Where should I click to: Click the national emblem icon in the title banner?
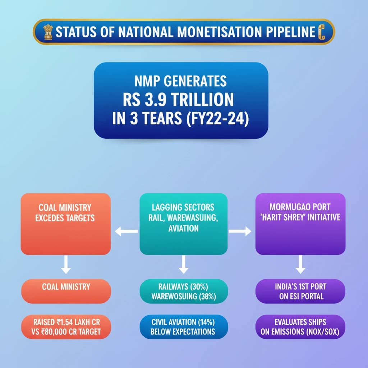click(48, 32)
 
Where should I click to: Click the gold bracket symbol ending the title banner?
click(322, 32)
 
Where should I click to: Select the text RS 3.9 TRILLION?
click(178, 100)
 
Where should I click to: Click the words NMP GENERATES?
click(180, 81)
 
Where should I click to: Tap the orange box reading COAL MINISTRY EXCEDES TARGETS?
click(66, 224)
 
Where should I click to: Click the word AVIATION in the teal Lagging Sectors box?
click(184, 228)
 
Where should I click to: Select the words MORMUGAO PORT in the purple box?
click(300, 207)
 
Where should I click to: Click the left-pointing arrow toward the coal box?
click(126, 231)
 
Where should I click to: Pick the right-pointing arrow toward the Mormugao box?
click(240, 231)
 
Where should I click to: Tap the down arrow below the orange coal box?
click(66, 264)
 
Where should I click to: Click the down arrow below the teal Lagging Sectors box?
click(184, 264)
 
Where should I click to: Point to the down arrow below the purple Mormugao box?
click(300, 264)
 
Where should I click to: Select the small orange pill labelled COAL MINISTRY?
click(66, 291)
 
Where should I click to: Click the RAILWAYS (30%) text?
click(183, 286)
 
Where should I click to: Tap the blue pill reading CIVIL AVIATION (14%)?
click(184, 327)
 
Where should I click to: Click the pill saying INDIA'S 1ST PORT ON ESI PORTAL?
click(300, 291)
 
